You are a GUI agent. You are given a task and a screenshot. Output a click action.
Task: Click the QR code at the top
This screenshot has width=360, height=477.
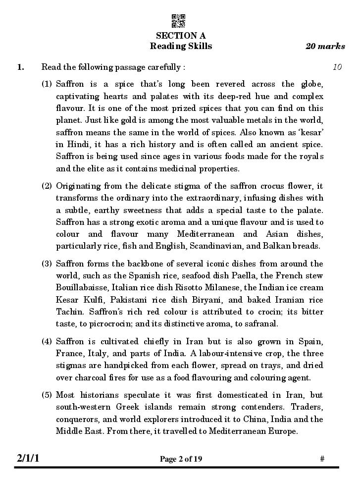(178, 21)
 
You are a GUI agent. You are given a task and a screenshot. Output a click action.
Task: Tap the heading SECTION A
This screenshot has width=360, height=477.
(181, 36)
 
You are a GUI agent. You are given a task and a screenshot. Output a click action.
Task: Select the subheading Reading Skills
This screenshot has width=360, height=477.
(181, 47)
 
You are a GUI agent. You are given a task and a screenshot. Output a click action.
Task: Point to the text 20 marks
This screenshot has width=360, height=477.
(325, 47)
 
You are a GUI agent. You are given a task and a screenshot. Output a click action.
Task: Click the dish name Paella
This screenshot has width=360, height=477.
(242, 275)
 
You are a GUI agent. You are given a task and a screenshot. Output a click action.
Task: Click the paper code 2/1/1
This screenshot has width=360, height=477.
(28, 459)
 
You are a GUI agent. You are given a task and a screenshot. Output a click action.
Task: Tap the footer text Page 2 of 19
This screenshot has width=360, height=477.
(181, 459)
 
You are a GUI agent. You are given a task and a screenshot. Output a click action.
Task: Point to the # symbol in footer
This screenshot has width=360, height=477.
(322, 459)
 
